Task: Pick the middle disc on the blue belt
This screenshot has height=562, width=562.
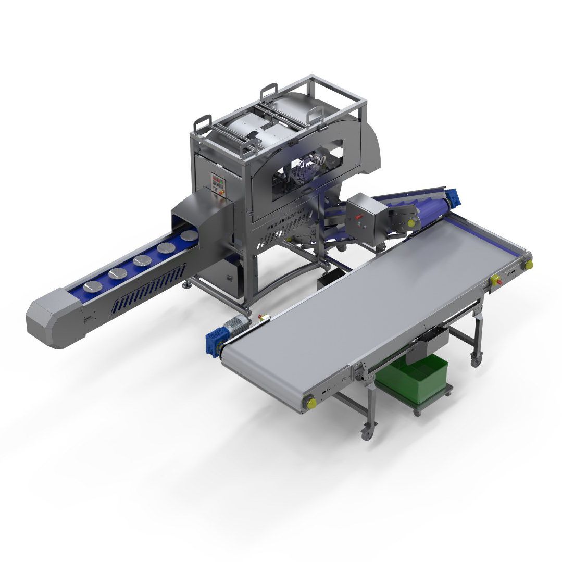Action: coord(142,260)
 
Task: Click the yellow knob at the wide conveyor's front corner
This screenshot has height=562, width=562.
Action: coord(310,402)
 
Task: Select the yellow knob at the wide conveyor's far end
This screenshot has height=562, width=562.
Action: coord(529,264)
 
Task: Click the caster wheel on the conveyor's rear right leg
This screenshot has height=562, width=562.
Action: coord(475,359)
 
